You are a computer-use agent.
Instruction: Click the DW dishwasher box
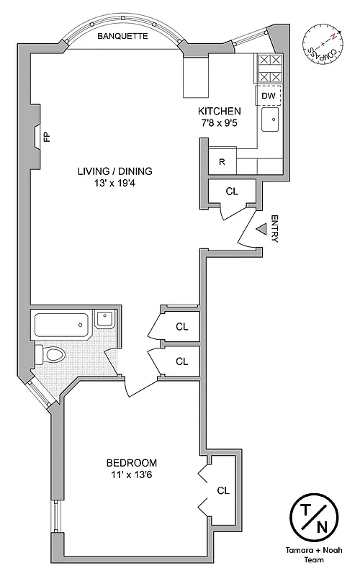[268, 96]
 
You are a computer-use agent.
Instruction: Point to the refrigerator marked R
[222, 162]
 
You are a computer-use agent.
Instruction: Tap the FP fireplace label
[47, 136]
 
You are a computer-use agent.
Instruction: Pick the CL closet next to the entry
[231, 192]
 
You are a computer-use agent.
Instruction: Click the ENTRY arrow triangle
[262, 228]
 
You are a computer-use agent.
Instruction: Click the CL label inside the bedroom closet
[222, 490]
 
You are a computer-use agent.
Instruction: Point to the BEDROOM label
[131, 462]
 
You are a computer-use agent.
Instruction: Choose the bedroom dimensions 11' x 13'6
[131, 474]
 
